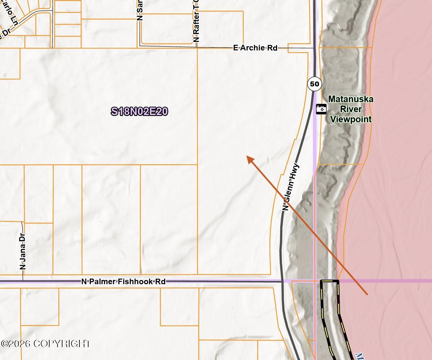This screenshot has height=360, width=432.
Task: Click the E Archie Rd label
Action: click(x=255, y=48)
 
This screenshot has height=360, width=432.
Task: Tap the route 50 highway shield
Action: click(x=314, y=84)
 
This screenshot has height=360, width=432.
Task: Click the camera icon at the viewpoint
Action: click(x=321, y=109)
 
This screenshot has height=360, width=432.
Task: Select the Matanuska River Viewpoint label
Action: click(x=351, y=109)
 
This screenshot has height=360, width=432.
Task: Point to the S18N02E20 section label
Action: click(x=139, y=111)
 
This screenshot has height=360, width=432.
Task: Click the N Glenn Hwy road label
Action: click(x=291, y=187)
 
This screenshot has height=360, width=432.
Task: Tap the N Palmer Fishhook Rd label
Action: click(x=123, y=282)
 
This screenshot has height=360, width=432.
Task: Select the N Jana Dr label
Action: click(x=23, y=251)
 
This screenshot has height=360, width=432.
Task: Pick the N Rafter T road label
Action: click(x=196, y=23)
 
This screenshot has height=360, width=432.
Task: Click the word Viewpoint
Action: click(x=351, y=119)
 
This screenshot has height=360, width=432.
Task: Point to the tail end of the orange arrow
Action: click(x=367, y=294)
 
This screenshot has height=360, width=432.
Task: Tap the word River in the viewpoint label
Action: click(x=351, y=109)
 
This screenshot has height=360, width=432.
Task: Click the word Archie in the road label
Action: click(x=252, y=48)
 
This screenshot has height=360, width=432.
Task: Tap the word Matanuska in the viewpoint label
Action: click(x=351, y=99)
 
